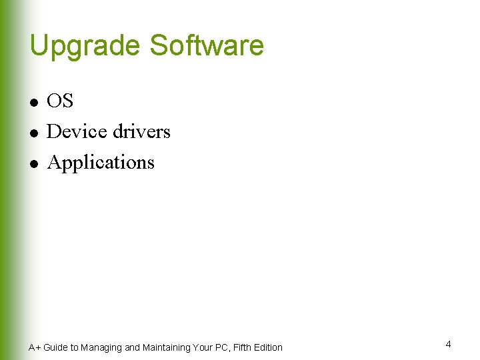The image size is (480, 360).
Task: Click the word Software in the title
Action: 207,45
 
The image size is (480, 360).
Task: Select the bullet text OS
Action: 60,101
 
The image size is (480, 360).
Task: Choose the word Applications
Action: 101,163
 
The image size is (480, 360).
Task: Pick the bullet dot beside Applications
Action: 32,163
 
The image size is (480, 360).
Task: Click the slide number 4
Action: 448,344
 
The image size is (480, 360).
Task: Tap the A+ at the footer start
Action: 34,347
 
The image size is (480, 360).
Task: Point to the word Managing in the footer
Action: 101,347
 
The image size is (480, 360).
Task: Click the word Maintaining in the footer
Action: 166,347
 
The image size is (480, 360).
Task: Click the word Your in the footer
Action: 202,347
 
